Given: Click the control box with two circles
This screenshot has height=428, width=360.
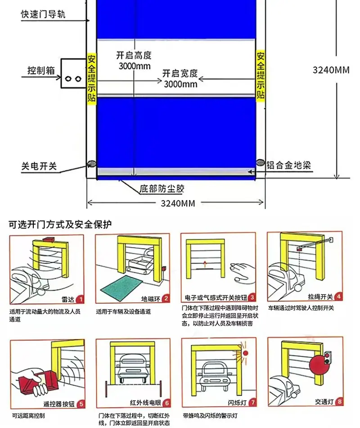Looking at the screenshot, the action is tap(73, 73).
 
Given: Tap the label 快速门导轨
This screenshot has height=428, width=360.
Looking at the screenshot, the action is tap(43, 14).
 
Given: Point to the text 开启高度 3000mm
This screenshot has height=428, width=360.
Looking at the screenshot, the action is tap(134, 61).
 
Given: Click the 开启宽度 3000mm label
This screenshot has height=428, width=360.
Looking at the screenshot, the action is tap(180, 78).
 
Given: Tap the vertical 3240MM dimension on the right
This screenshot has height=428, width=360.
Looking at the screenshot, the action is tap(331, 70).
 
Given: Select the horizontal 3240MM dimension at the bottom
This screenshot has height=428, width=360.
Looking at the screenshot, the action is tap(178, 203).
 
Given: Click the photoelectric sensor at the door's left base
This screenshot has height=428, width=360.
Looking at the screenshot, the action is tap(91, 164).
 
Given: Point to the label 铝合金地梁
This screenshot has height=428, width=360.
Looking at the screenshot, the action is tap(288, 165).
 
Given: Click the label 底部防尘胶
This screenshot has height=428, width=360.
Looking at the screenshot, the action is tap(162, 189).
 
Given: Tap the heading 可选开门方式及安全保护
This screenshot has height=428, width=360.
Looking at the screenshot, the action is tap(60, 224).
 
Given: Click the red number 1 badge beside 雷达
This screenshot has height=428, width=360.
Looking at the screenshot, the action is tap(81, 300).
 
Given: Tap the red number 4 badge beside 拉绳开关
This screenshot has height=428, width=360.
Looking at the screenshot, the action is tap(338, 296).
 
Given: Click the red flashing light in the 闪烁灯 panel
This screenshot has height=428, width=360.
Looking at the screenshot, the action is tap(245, 353).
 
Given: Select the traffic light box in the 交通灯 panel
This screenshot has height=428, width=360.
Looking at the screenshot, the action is tap(327, 358).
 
